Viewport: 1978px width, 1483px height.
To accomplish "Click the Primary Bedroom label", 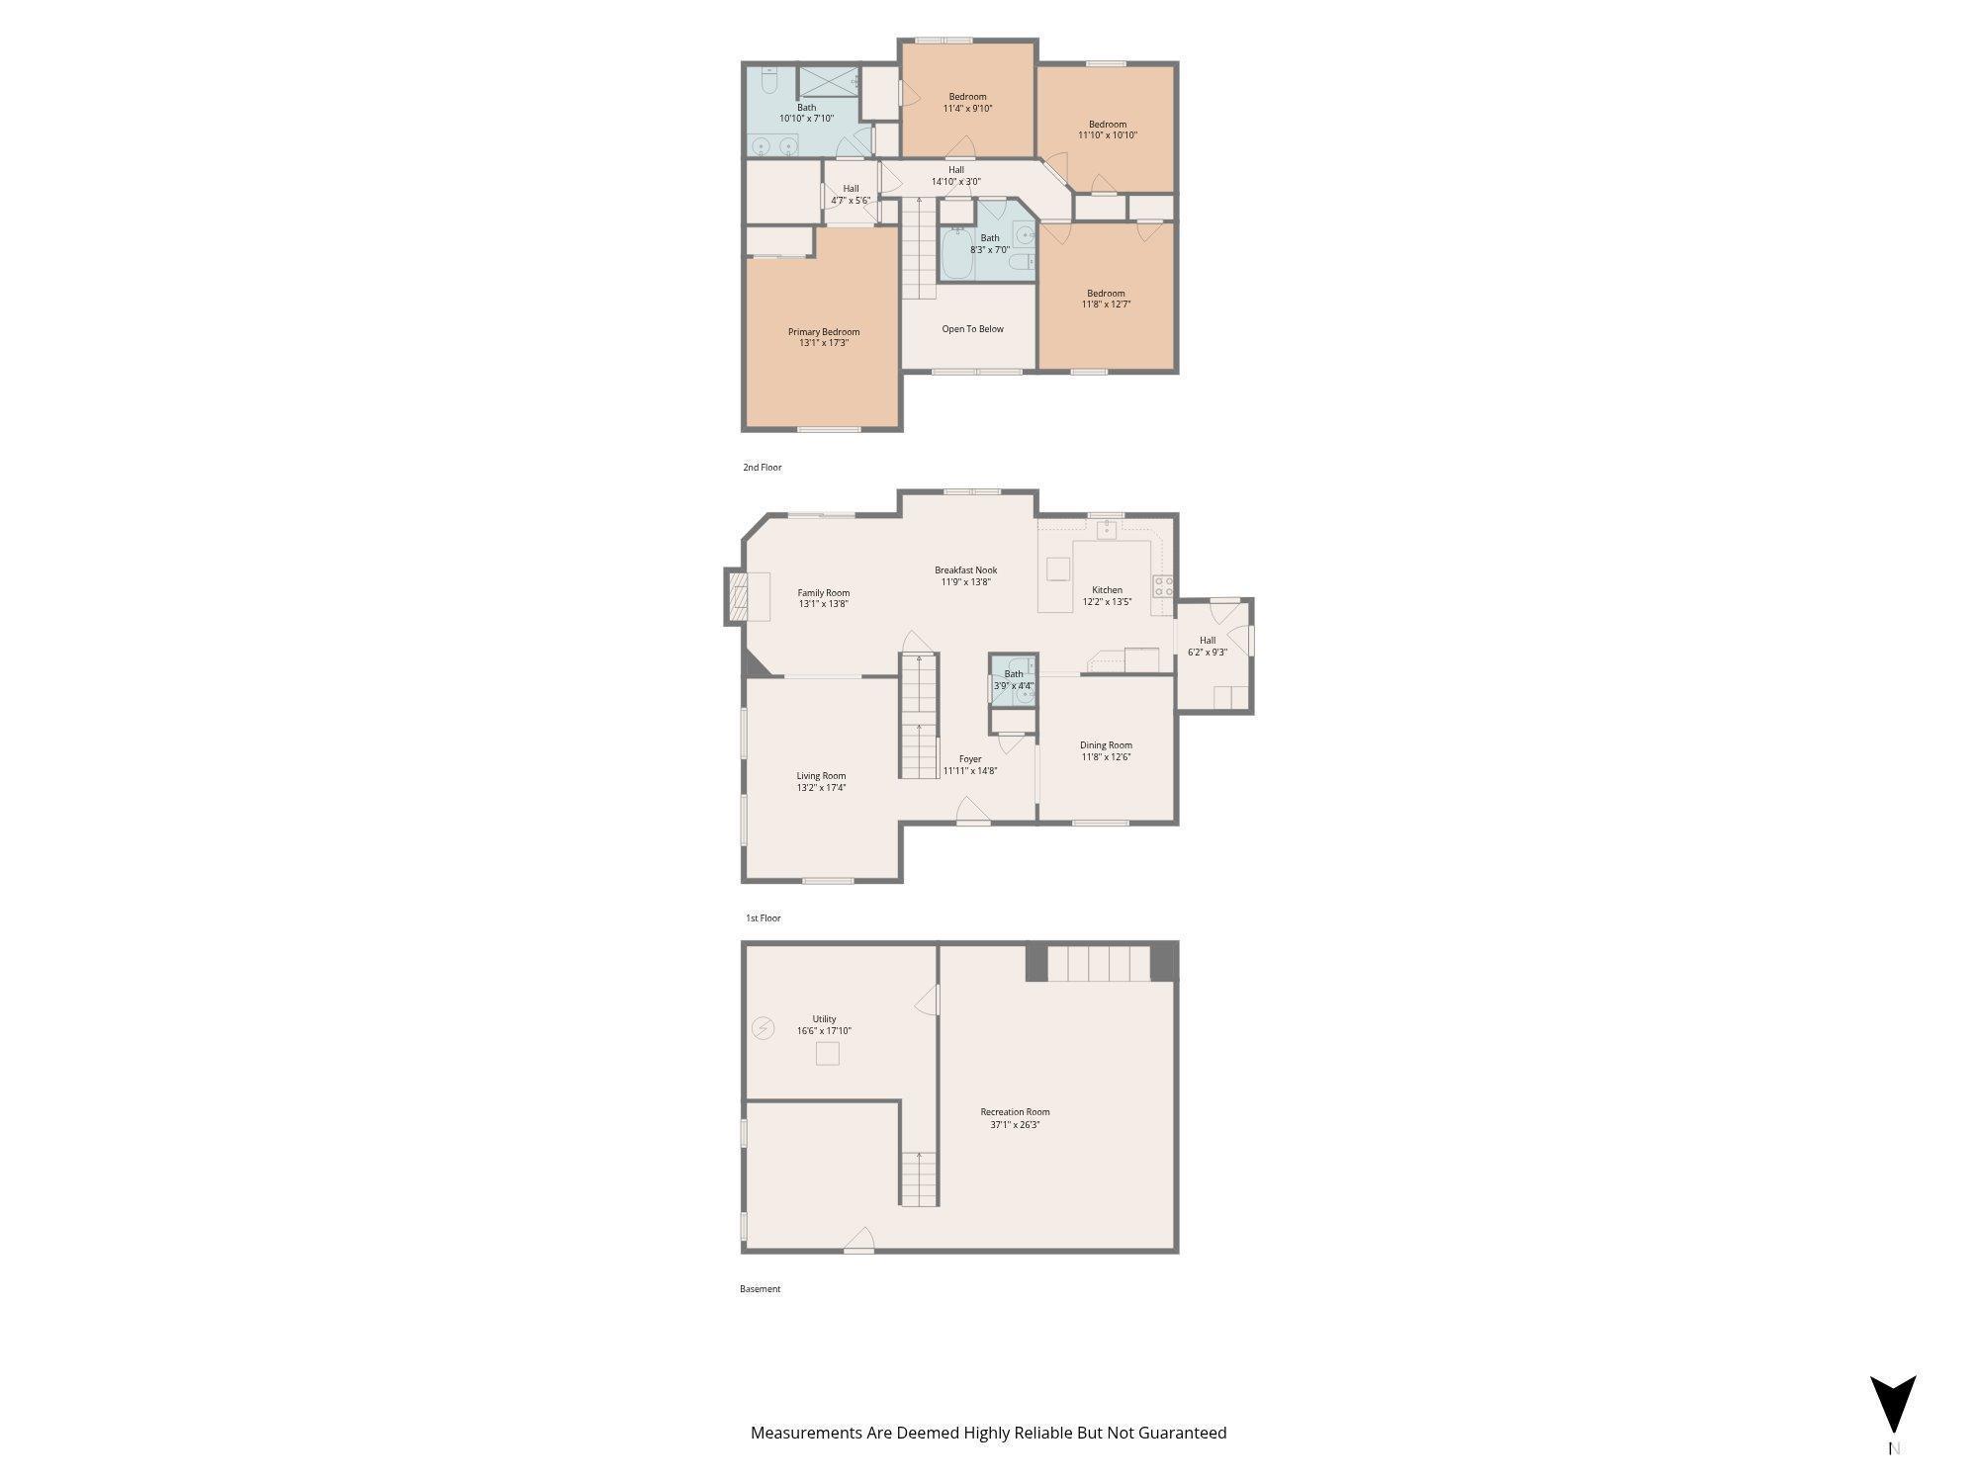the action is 824,332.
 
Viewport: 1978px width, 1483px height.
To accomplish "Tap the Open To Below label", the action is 972,329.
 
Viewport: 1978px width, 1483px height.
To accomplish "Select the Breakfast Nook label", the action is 965,570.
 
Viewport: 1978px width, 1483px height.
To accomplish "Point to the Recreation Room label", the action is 1015,1112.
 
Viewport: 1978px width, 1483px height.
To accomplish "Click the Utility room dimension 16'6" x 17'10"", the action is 824,1031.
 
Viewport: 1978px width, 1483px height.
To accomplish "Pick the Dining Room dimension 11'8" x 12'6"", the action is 1106,757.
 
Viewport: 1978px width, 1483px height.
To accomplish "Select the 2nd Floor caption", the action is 763,468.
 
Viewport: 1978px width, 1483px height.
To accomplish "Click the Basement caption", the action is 760,1289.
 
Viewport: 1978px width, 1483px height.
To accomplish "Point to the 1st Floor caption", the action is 764,918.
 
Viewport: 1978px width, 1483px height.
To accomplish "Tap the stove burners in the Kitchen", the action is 1163,586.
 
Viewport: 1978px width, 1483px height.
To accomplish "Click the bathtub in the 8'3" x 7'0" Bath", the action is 957,254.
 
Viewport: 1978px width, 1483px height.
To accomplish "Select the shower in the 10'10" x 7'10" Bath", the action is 829,81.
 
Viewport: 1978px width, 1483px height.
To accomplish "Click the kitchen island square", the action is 1059,568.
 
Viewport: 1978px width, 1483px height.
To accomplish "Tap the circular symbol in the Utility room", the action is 763,1029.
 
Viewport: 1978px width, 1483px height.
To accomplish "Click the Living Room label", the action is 821,776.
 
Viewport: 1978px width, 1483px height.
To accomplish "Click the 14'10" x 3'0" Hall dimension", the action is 955,182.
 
